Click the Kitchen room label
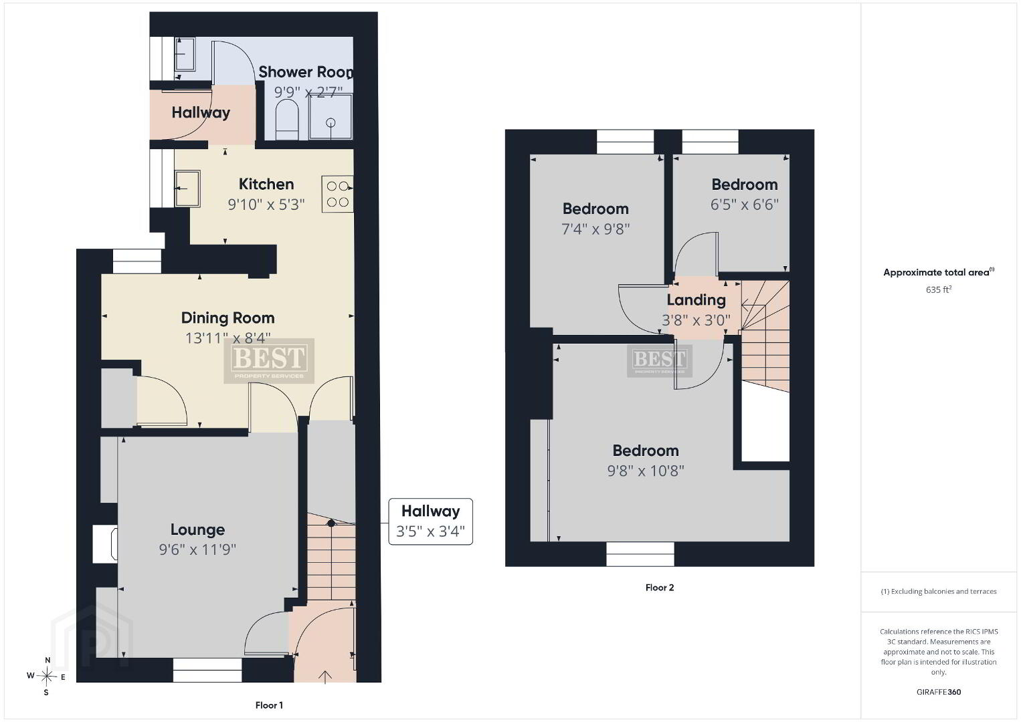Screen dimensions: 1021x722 [x=266, y=184]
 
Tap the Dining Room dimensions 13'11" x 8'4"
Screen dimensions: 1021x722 [x=228, y=338]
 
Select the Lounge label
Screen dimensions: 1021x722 [x=197, y=529]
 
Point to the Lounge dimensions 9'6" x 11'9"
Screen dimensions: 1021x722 [x=197, y=550]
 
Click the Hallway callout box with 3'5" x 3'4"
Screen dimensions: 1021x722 [x=430, y=521]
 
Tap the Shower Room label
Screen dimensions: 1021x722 [x=306, y=72]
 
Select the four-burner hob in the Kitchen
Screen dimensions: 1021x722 [x=337, y=194]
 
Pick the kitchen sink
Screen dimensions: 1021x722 [x=187, y=189]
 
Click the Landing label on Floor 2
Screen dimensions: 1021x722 [x=696, y=299]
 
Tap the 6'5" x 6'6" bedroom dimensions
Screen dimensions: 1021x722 [x=744, y=205]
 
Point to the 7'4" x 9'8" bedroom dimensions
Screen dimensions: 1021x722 [x=595, y=229]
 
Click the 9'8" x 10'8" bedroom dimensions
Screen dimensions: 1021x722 [x=646, y=471]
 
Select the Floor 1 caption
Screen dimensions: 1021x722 [x=269, y=705]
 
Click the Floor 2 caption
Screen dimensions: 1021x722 [x=660, y=588]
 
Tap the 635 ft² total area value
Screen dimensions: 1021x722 [x=939, y=289]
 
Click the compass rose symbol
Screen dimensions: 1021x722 [x=46, y=677]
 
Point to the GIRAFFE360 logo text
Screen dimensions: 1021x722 [x=939, y=692]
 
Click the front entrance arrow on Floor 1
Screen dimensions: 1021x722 [x=324, y=677]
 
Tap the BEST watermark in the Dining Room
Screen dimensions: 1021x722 [x=268, y=360]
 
